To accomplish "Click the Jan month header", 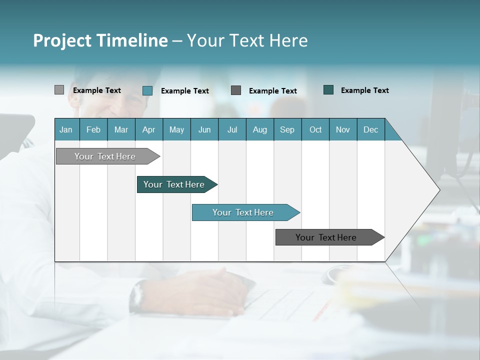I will point(66,129).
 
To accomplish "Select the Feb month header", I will point(93,129).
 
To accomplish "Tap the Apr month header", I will point(148,129).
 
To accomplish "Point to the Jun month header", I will point(204,129).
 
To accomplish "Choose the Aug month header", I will point(259,129).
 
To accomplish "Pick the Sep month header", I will point(287,129).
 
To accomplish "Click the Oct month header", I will point(315,129).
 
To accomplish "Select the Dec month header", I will point(370,129).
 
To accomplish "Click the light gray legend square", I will point(59,90).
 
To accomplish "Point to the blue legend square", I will point(147,90).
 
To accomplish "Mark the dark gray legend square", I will point(236,90).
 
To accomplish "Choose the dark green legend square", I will point(328,90).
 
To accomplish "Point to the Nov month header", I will point(343,129).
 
